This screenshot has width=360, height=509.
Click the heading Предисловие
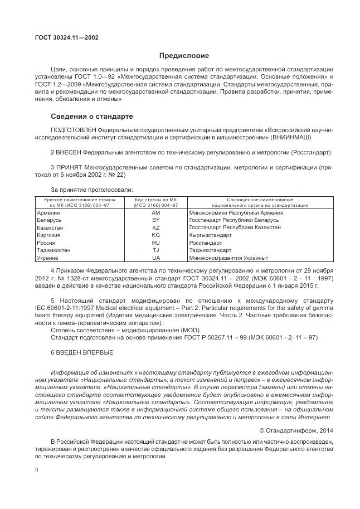[184, 56]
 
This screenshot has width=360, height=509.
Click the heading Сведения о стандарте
[92, 117]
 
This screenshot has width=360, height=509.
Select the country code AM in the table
[155, 213]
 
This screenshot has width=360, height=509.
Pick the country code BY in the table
[155, 220]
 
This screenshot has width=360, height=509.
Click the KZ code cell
[155, 228]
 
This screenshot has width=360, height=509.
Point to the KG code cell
[155, 235]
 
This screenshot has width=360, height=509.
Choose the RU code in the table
[155, 243]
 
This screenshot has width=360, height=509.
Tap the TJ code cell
[155, 250]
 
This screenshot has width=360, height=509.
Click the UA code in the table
[155, 258]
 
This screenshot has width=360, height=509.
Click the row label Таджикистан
[53, 250]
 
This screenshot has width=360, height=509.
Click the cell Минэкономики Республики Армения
[236, 213]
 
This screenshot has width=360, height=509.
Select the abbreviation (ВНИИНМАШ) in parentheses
[291, 137]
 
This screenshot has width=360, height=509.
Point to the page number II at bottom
[36, 470]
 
